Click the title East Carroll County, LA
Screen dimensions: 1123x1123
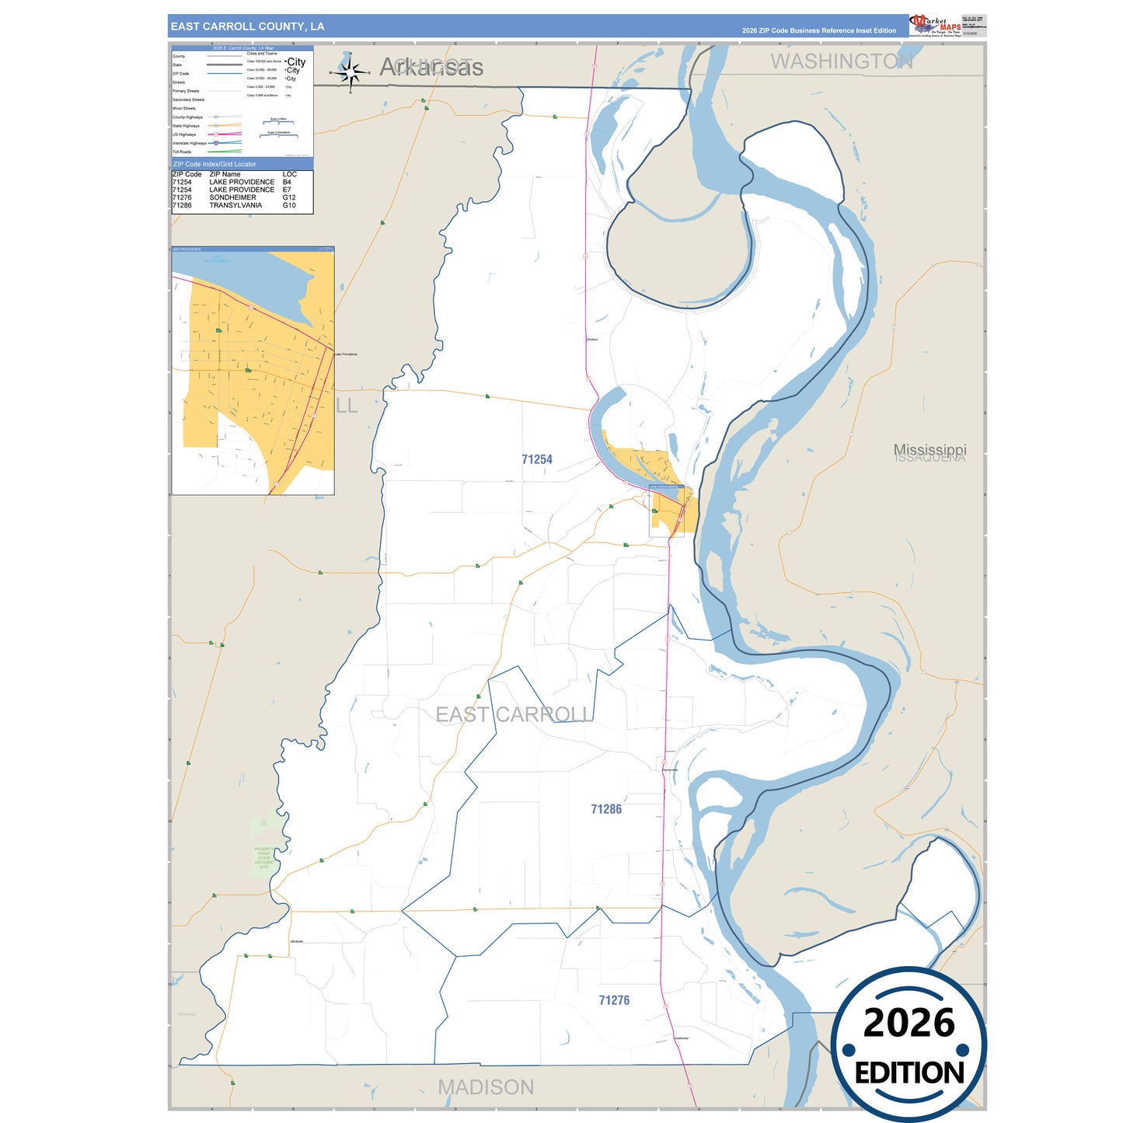(247, 26)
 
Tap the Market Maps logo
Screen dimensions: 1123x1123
(935, 26)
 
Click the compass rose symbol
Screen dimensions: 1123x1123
(351, 73)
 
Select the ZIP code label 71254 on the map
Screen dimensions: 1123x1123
(537, 459)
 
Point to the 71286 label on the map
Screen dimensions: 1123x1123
(606, 809)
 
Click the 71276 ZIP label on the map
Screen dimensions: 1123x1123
(614, 1000)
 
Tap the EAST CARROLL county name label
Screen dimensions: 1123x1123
(513, 714)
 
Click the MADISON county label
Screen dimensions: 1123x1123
(486, 1087)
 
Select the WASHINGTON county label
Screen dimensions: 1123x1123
(841, 61)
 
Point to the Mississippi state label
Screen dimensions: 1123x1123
(929, 449)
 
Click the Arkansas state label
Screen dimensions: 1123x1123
(432, 68)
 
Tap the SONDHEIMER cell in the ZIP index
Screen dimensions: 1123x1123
(232, 197)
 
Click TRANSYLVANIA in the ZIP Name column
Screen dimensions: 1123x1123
(235, 205)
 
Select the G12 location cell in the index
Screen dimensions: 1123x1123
(289, 197)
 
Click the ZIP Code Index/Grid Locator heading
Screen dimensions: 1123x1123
(214, 164)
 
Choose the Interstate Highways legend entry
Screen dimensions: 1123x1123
(190, 143)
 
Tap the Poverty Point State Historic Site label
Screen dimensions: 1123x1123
(264, 858)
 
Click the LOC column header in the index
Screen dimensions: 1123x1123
(289, 174)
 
